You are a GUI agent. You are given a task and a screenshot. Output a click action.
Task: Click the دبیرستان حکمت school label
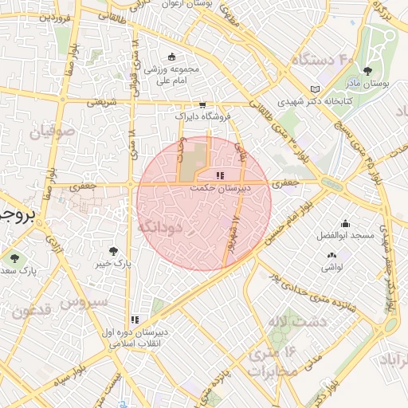(221, 189)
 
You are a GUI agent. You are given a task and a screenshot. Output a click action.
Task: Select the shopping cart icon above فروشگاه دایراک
(202, 104)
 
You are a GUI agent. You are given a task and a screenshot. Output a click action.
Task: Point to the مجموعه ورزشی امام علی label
(175, 74)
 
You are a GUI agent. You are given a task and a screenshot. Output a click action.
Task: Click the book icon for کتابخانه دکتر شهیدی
(315, 89)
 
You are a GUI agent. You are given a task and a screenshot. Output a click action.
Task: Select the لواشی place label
(331, 267)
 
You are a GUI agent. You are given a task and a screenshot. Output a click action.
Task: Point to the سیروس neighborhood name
(84, 303)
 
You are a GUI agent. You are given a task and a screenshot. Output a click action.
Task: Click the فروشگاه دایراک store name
(203, 116)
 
